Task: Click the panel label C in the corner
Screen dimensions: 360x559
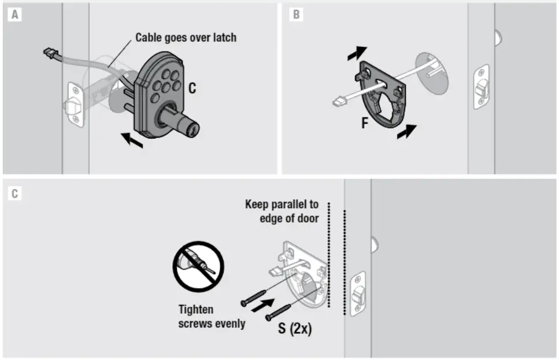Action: pos(14,194)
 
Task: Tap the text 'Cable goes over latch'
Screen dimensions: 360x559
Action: pos(186,38)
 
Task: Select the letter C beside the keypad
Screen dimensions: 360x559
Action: pos(192,88)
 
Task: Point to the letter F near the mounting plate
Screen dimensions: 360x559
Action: pos(365,123)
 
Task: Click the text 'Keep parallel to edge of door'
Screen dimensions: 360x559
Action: pos(282,211)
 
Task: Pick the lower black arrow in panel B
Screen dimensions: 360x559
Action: pos(406,131)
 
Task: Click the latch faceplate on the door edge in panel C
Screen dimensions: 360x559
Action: pos(358,295)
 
